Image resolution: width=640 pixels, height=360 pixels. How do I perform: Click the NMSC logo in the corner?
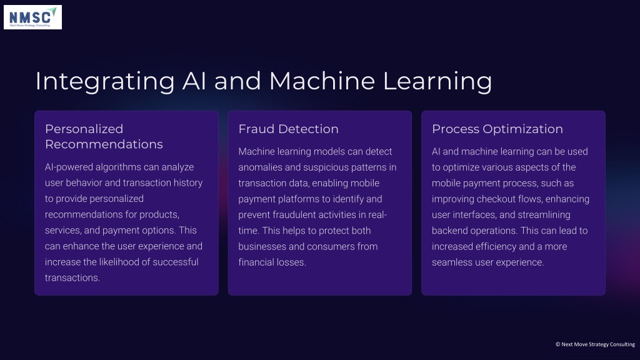[x=32, y=17]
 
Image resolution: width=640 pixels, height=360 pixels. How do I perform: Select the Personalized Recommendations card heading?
[x=104, y=136]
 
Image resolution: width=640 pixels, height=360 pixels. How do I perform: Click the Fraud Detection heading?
[x=288, y=129]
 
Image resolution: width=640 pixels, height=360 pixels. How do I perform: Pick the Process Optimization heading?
[x=497, y=129]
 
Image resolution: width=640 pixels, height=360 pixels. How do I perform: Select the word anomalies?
[x=259, y=167]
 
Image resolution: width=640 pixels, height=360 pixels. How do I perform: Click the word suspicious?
[x=331, y=167]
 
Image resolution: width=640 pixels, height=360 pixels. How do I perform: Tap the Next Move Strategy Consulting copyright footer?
[x=595, y=344]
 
